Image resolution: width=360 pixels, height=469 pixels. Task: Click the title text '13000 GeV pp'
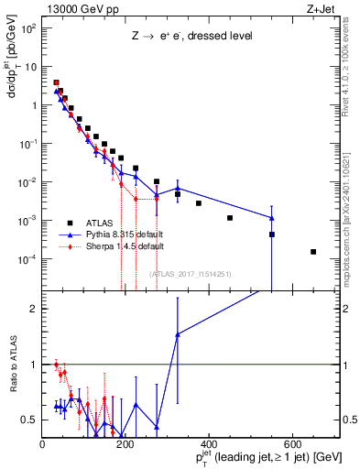[x=78, y=10]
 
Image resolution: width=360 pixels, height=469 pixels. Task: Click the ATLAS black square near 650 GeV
[x=313, y=252]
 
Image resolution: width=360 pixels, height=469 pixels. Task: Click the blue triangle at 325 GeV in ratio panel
[x=178, y=334]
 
